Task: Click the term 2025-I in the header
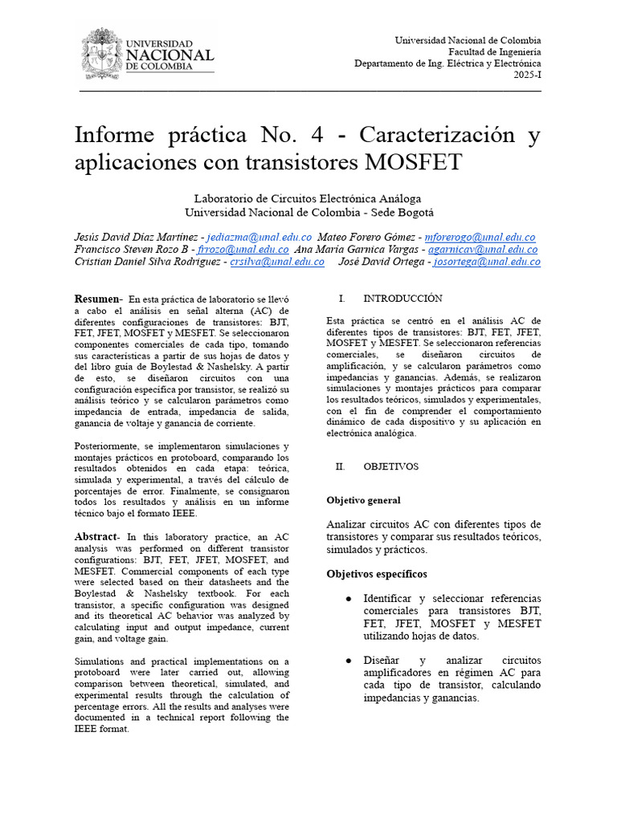click(527, 75)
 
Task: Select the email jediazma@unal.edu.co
click(259, 238)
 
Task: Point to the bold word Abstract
click(96, 536)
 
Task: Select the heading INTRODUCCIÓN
click(402, 299)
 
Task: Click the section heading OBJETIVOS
click(390, 466)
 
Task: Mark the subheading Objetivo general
click(363, 500)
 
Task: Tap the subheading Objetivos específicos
click(377, 574)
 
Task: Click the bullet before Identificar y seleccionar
click(347, 599)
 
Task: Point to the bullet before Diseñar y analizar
click(347, 661)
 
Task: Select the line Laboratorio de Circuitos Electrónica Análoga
click(308, 198)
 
